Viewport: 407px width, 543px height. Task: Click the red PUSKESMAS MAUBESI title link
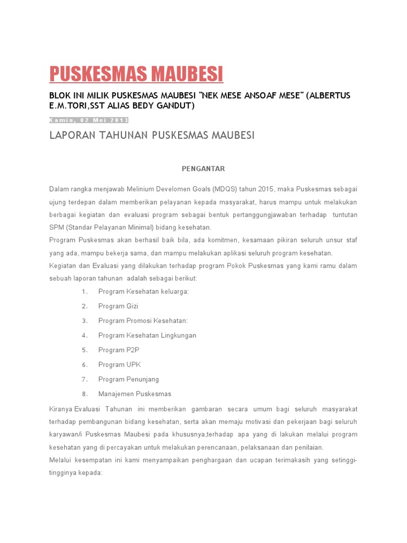(x=136, y=74)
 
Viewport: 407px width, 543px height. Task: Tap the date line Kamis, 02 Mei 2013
(x=89, y=119)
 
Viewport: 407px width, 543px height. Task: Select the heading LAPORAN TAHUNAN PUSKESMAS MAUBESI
(x=152, y=136)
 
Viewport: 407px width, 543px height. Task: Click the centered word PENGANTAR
(x=203, y=169)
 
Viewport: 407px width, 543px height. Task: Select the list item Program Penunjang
(x=128, y=379)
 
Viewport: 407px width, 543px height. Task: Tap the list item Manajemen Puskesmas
(x=135, y=394)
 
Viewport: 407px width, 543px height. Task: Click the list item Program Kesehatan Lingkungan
(x=147, y=335)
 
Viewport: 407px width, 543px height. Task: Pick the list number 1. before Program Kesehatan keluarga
(x=85, y=292)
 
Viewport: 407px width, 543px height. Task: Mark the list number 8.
(x=85, y=394)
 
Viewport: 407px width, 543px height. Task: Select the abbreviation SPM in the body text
(x=57, y=227)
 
